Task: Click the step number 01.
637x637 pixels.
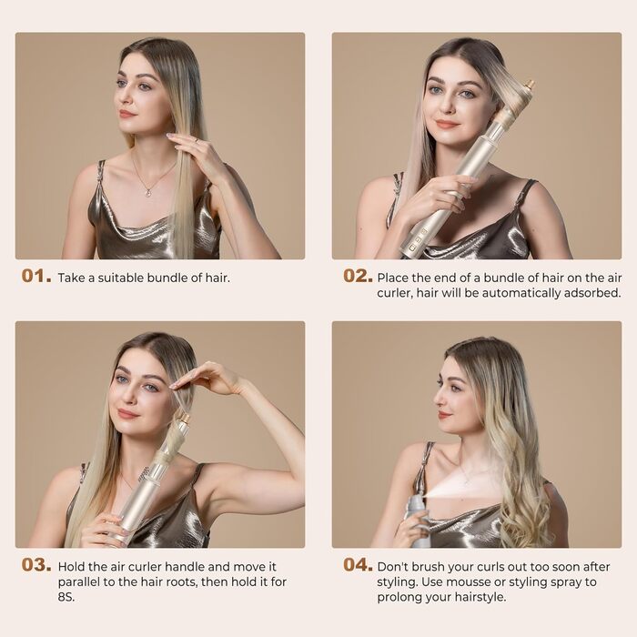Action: pos(36,277)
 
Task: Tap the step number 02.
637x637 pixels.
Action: pos(358,276)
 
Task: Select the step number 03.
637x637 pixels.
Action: pos(36,565)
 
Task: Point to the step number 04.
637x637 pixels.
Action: pos(358,564)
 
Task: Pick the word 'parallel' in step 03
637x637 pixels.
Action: pos(81,581)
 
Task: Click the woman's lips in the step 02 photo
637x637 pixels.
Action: pos(446,124)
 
